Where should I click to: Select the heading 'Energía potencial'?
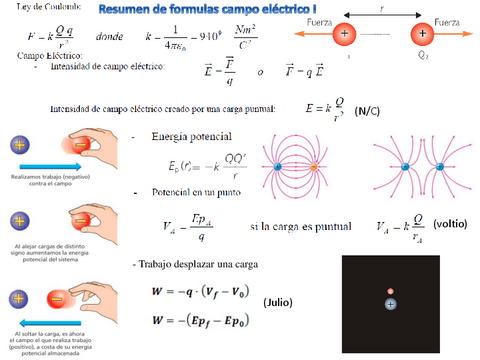(x=192, y=137)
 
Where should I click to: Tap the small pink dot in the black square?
(x=390, y=291)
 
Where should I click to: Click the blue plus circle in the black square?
(x=390, y=301)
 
